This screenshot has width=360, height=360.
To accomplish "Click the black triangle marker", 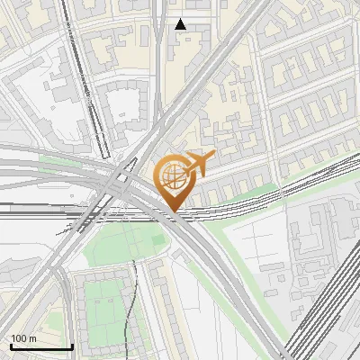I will tap(181, 24).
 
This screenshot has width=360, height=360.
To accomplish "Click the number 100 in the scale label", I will tap(19, 337).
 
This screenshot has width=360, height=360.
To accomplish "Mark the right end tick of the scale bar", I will tap(72, 346).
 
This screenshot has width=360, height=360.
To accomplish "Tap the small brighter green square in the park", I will tap(157, 241).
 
